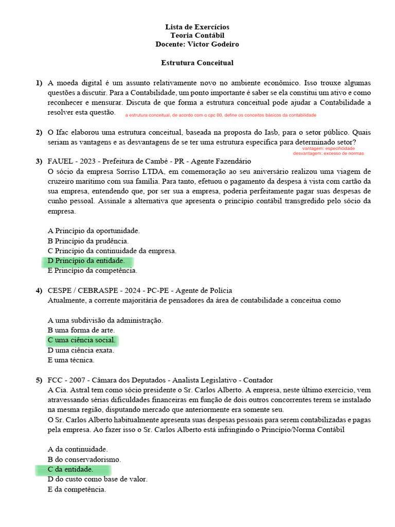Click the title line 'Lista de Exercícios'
click(197, 27)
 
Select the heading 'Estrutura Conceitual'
click(197, 63)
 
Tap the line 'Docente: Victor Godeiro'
click(197, 44)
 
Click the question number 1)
click(39, 83)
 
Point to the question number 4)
click(39, 291)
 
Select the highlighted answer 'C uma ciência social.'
click(81, 340)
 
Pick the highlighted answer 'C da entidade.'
click(71, 469)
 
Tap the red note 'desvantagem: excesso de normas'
click(328, 153)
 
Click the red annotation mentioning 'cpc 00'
click(221, 115)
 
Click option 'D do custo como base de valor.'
click(97, 479)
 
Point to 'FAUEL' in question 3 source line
click(61, 162)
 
